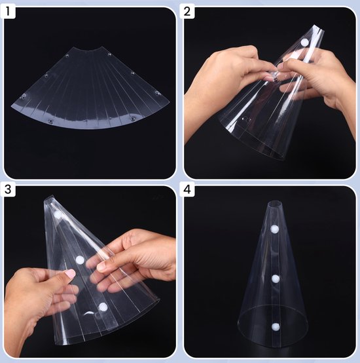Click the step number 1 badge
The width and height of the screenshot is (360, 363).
pyautogui.click(x=12, y=12)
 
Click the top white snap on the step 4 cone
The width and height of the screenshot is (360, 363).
pyautogui.click(x=274, y=229)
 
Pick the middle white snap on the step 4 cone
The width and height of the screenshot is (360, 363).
pyautogui.click(x=276, y=278)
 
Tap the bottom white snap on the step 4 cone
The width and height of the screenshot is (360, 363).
pyautogui.click(x=274, y=326)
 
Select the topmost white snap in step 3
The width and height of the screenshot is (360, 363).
pyautogui.click(x=58, y=215)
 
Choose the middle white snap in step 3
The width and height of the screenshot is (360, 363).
pyautogui.click(x=80, y=260)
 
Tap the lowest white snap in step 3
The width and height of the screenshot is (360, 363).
pyautogui.click(x=103, y=307)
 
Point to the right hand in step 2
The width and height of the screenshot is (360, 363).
pyautogui.click(x=321, y=79)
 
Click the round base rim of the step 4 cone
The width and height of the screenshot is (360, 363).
pyautogui.click(x=275, y=337)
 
